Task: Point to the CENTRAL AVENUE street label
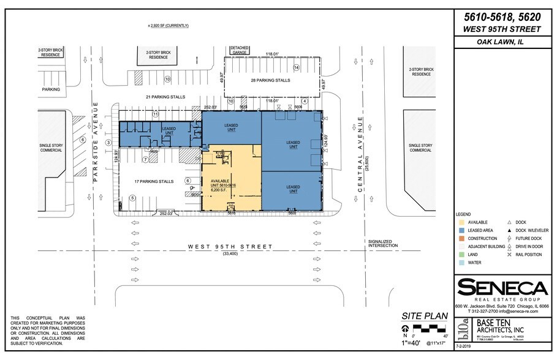click(x=362, y=156)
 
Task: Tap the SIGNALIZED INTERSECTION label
click(x=384, y=244)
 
